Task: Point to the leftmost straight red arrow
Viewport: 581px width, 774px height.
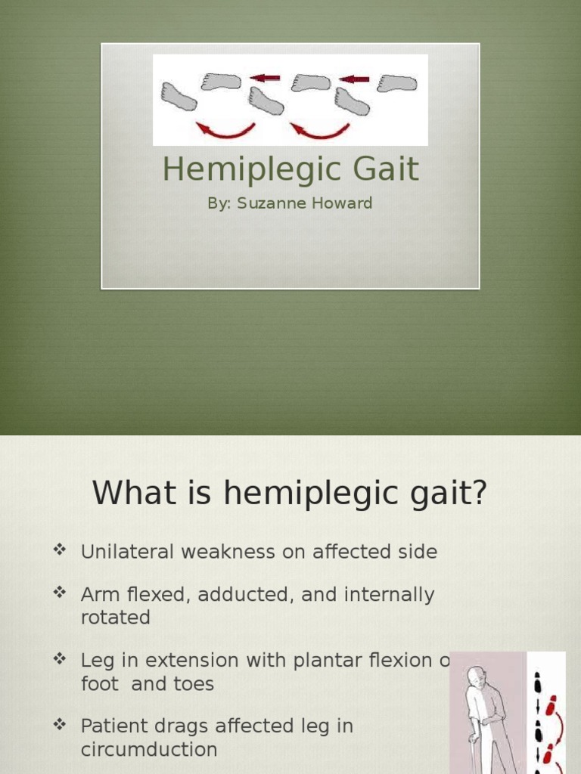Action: pyautogui.click(x=265, y=77)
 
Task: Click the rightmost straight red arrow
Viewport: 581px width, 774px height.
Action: pyautogui.click(x=354, y=77)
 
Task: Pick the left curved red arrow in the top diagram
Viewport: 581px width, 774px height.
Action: pyautogui.click(x=225, y=130)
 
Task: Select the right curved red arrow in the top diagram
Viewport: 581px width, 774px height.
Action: pyautogui.click(x=320, y=130)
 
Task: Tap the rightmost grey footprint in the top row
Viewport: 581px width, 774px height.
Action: pyautogui.click(x=396, y=82)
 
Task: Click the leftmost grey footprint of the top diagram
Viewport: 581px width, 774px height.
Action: pyautogui.click(x=179, y=97)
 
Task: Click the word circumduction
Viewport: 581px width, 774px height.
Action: pyautogui.click(x=149, y=749)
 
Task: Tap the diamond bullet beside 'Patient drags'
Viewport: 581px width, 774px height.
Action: pyautogui.click(x=61, y=724)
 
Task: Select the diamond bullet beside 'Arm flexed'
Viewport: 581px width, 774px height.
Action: pyautogui.click(x=61, y=593)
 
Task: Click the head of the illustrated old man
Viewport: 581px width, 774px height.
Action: pyautogui.click(x=476, y=675)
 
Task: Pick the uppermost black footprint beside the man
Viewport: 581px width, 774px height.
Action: pyautogui.click(x=538, y=679)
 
